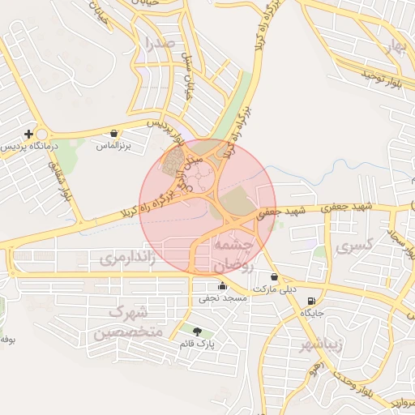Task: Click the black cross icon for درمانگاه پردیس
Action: click(28, 134)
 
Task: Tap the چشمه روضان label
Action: click(233, 254)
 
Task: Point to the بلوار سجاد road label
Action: click(397, 243)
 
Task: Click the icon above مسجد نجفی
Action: click(222, 285)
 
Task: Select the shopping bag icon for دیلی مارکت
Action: click(273, 276)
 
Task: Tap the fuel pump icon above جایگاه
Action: click(312, 300)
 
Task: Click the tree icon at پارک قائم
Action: click(197, 332)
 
